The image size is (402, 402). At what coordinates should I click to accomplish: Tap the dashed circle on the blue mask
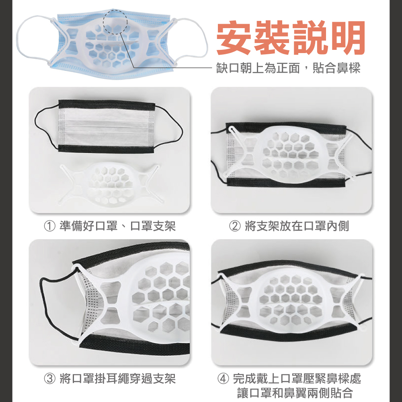[115, 22]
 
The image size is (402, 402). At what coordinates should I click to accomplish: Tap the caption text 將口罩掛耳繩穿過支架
[117, 379]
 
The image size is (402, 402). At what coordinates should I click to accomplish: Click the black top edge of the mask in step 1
[107, 104]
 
